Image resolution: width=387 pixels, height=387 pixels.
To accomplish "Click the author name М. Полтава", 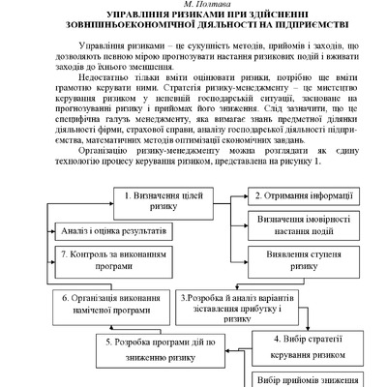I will [193, 6].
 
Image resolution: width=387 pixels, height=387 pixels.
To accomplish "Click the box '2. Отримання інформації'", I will [295, 196].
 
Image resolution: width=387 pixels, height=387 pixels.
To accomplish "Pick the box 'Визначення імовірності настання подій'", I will [295, 226].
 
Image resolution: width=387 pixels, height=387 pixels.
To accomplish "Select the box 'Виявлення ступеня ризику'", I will [295, 260].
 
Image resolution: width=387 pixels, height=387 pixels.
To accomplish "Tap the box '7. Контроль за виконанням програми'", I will [101, 258].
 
